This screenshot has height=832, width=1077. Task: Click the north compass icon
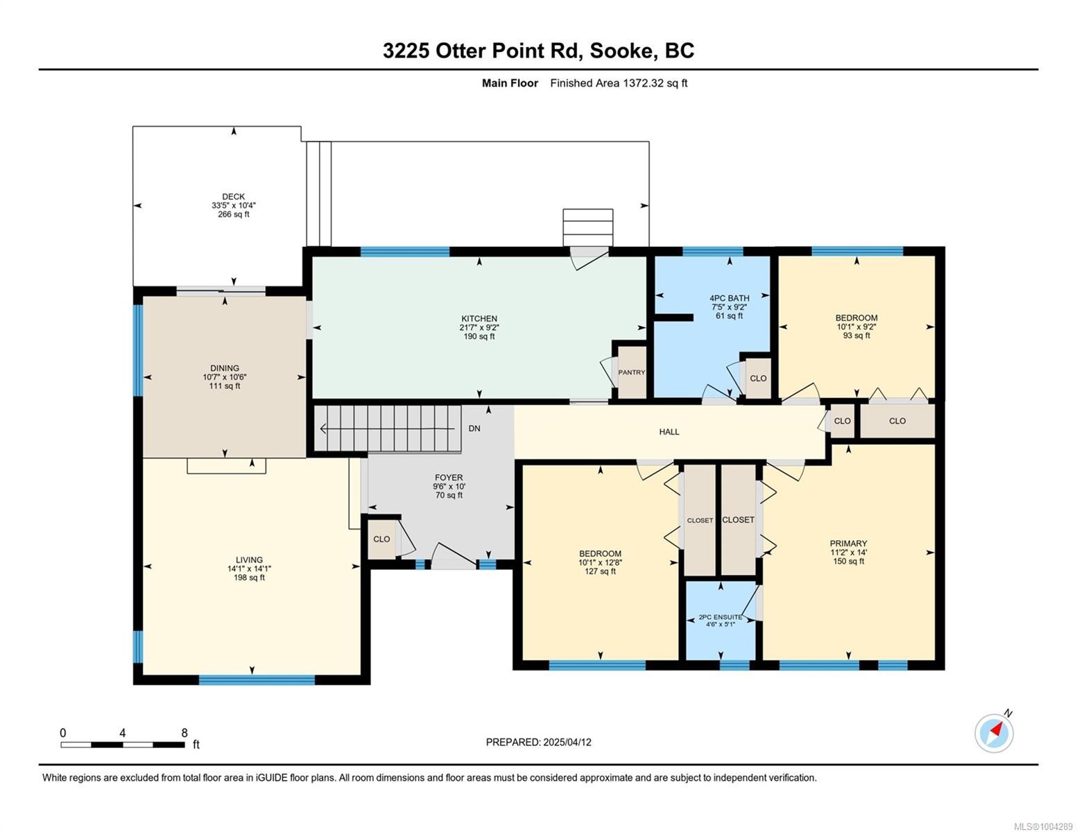(994, 732)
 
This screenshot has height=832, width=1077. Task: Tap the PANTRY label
(631, 372)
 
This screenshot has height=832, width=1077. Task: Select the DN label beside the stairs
(474, 428)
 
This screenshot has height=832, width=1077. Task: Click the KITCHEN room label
(479, 319)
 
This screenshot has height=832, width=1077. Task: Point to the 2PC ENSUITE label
(720, 617)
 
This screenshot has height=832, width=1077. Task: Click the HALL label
(669, 432)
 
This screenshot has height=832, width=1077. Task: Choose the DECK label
(233, 197)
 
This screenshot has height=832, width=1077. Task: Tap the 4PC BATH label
(729, 298)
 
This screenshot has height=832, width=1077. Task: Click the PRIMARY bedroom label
(848, 544)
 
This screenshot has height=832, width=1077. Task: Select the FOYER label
(448, 477)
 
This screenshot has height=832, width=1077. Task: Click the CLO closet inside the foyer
(381, 539)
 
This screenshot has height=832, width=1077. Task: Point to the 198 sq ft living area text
(249, 578)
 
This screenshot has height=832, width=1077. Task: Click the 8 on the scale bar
(184, 733)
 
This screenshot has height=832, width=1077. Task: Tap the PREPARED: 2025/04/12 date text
(538, 742)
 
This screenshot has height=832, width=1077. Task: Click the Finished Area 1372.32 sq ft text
(619, 83)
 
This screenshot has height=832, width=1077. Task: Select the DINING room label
(225, 368)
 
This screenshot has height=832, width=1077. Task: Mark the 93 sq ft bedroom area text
(856, 336)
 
